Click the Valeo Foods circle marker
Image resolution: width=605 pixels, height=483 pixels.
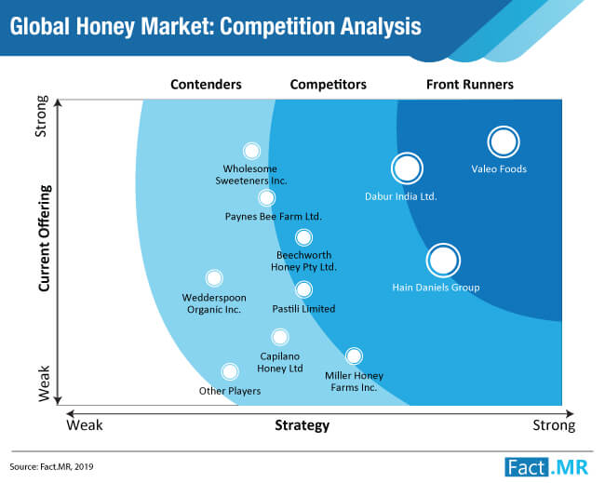504,142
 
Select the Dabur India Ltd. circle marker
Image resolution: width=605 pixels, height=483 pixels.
407,168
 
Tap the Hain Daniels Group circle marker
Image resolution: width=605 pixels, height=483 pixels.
443,261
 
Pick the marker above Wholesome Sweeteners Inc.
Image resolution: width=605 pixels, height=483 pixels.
251,151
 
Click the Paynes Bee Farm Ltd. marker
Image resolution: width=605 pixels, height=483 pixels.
266,198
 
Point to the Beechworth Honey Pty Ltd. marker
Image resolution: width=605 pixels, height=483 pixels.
303,237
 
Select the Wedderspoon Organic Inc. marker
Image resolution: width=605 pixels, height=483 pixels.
214,277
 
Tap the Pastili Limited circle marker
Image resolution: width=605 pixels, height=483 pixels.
303,289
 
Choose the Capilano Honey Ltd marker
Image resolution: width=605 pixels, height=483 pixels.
280,337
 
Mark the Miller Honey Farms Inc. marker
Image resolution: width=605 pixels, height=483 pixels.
354,356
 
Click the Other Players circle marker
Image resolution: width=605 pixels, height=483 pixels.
230,371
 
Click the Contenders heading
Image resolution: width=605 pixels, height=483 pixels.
206,85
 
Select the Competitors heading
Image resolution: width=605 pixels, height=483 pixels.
329,85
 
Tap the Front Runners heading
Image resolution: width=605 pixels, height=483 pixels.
470,85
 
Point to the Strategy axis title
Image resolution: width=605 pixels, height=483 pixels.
302,425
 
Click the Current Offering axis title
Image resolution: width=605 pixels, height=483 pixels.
45,238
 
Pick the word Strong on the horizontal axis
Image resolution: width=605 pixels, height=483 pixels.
554,425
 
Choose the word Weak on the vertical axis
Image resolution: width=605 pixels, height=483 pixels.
44,383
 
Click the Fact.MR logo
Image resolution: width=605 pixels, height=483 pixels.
546,467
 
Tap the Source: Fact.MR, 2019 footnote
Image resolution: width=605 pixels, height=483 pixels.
52,467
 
